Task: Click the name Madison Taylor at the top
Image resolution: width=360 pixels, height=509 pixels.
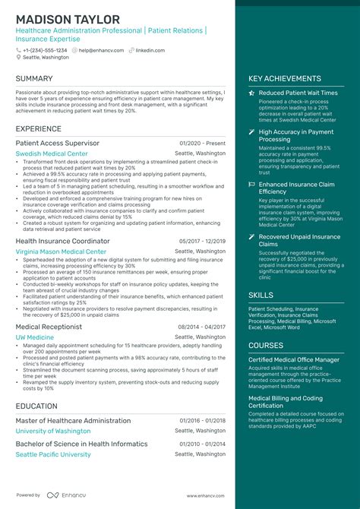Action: (x=68, y=19)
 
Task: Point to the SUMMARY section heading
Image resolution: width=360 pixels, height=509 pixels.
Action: (x=34, y=78)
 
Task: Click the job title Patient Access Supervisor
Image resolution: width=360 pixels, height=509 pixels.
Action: (x=57, y=143)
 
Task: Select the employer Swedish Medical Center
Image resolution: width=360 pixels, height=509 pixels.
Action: (x=52, y=153)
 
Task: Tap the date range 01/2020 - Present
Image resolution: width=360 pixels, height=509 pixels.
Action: (x=203, y=143)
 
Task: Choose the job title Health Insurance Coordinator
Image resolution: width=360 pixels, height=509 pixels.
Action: (x=63, y=241)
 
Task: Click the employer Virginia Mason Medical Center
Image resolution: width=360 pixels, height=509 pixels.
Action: (x=61, y=251)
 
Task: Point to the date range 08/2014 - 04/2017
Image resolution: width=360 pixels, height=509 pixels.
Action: (x=202, y=326)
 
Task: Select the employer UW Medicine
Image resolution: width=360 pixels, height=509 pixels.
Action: (x=34, y=337)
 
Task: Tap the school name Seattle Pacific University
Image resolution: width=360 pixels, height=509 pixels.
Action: (x=53, y=454)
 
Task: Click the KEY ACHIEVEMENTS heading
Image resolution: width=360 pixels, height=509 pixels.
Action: (x=285, y=78)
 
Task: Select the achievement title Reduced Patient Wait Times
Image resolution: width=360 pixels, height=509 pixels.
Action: (x=298, y=93)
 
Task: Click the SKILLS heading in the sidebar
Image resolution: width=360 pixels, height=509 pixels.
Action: (x=261, y=295)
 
